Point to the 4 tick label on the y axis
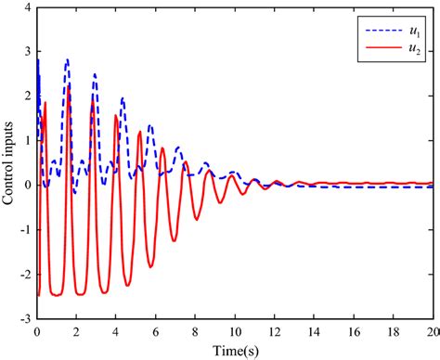[x=28, y=7]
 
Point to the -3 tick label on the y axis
[x=25, y=318]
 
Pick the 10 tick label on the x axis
[x=235, y=330]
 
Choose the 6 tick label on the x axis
[x=155, y=330]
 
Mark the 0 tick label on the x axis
[x=37, y=330]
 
